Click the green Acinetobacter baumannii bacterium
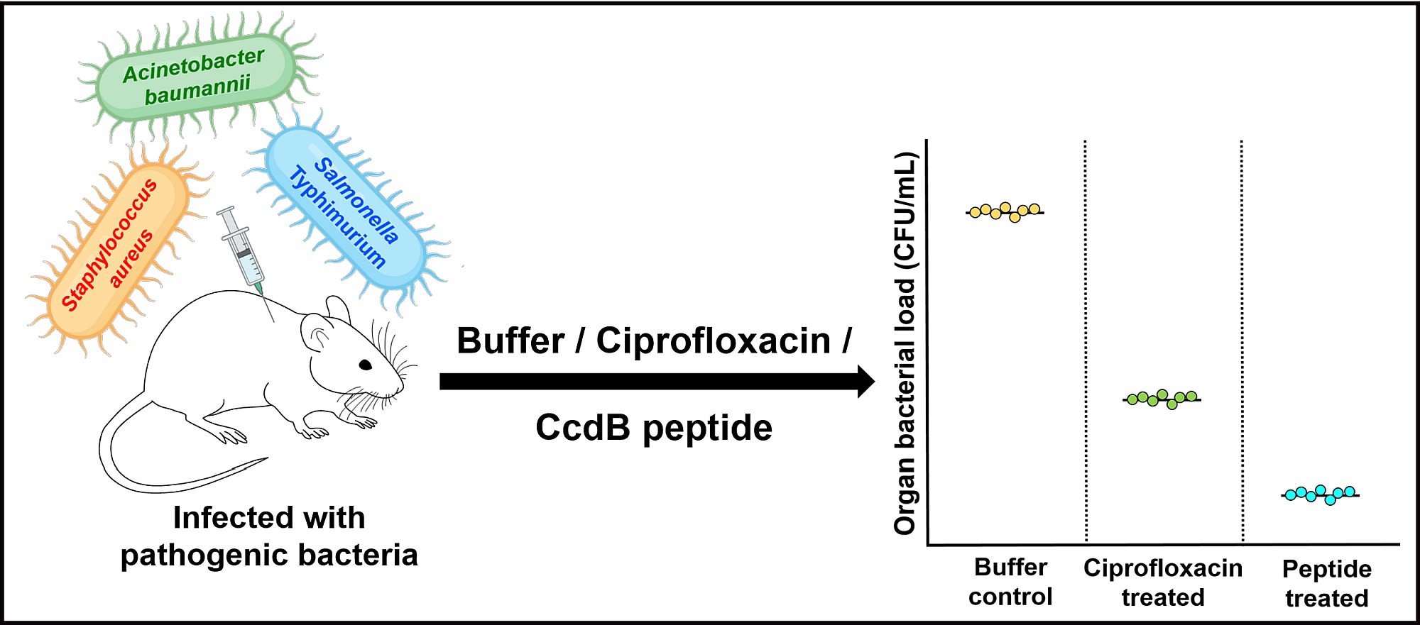pyautogui.click(x=195, y=75)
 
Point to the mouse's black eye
pyautogui.click(x=366, y=365)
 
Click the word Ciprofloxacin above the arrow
pyautogui.click(x=713, y=341)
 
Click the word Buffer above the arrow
pyautogui.click(x=510, y=341)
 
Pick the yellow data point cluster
pyautogui.click(x=1005, y=211)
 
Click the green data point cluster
pyautogui.click(x=1162, y=399)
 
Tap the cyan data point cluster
pyautogui.click(x=1320, y=494)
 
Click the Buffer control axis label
pyautogui.click(x=1010, y=582)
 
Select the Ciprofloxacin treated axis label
pyautogui.click(x=1163, y=582)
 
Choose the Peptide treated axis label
pyautogui.click(x=1326, y=583)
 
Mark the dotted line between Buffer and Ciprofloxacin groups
pyautogui.click(x=1086, y=341)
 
